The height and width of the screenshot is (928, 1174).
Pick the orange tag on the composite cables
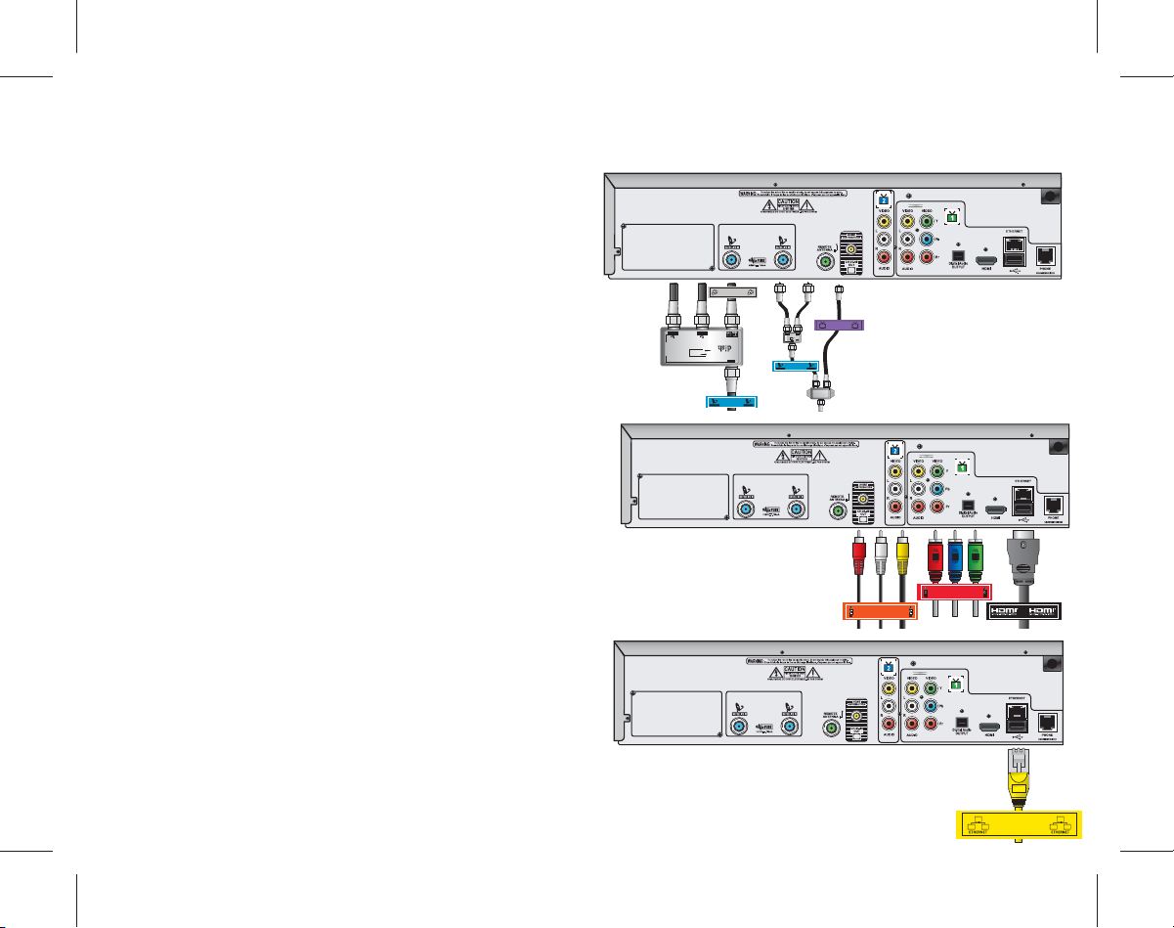882,612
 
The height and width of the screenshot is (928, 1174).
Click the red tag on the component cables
955,592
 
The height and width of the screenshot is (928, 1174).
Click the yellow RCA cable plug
903,557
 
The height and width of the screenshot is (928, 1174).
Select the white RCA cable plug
881,557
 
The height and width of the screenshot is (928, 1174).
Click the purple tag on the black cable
840,323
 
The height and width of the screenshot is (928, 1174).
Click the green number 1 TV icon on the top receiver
951,217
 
